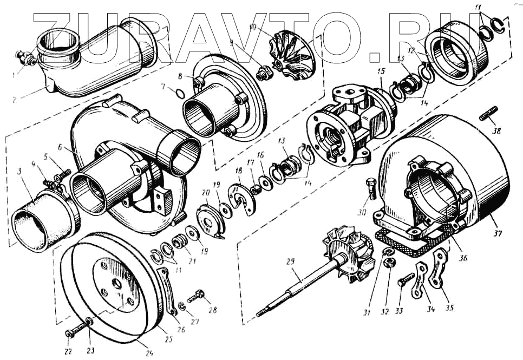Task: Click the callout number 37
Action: coord(496,234)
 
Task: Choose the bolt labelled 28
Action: coord(197,296)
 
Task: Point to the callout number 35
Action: coord(449,308)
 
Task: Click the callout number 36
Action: coord(462,258)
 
